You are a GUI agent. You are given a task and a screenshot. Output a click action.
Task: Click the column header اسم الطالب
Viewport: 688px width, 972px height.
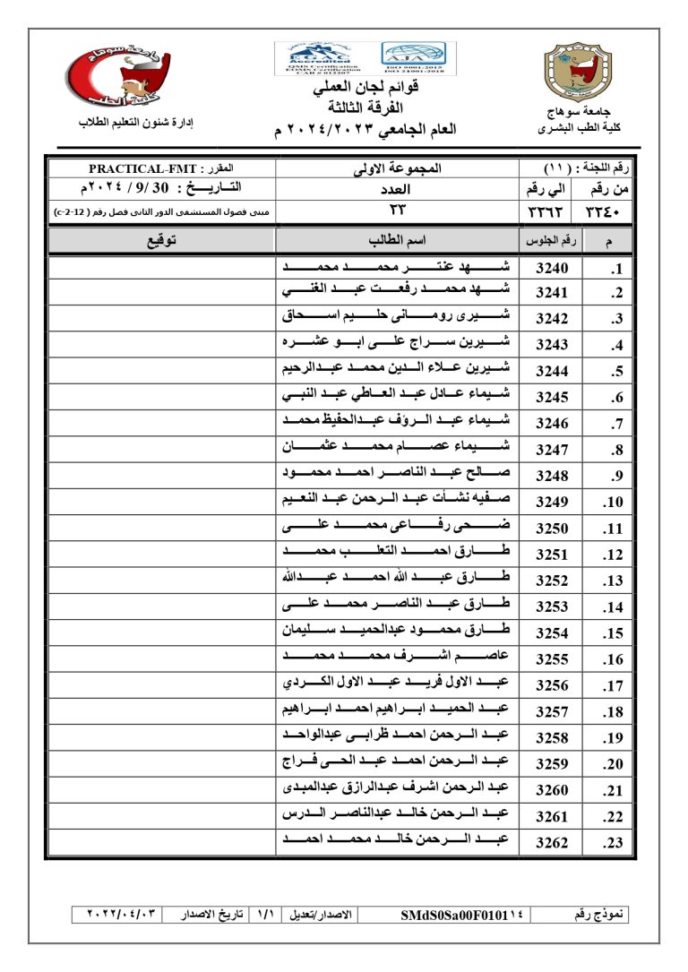(x=397, y=241)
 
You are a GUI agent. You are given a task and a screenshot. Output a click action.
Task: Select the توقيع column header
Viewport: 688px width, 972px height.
(x=161, y=241)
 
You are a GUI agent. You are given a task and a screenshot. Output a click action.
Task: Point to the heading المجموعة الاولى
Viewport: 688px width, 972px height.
(x=397, y=168)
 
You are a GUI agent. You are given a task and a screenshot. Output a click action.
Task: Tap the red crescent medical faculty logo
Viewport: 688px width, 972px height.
(x=117, y=77)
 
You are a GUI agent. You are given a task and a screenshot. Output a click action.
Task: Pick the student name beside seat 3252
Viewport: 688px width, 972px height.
(x=397, y=580)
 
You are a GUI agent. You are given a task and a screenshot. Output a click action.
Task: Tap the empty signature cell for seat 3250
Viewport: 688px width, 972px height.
(x=161, y=529)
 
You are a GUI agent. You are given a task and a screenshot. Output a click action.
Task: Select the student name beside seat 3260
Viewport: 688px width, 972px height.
(x=397, y=789)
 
